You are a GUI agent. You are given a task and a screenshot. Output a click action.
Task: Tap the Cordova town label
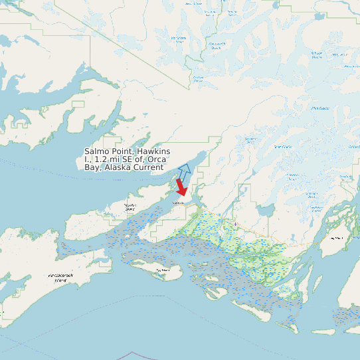(177, 202)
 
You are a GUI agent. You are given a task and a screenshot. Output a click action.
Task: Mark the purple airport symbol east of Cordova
(235, 224)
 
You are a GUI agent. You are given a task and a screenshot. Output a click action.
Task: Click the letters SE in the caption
(129, 160)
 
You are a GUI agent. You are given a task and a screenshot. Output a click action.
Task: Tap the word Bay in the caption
(92, 167)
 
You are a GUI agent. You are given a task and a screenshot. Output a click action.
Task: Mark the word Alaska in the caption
(116, 167)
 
